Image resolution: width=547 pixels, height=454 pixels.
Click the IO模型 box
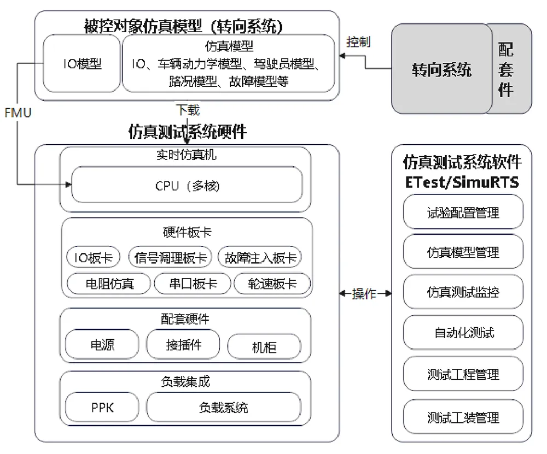(x=82, y=63)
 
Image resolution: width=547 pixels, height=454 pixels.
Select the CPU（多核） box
(x=187, y=185)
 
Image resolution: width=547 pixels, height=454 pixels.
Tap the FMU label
(x=18, y=113)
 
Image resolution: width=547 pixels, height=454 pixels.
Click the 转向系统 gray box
(x=441, y=68)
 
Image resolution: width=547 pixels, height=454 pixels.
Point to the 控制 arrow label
(x=358, y=42)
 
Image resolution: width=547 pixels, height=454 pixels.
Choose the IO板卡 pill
(x=93, y=257)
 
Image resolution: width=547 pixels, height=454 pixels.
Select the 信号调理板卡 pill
(x=170, y=257)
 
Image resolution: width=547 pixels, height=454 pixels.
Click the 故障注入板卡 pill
(x=260, y=257)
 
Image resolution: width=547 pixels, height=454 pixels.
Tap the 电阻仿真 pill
(x=109, y=284)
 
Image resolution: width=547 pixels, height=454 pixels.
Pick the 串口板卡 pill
(x=193, y=284)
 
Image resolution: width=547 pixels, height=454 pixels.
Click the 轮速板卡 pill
(x=272, y=284)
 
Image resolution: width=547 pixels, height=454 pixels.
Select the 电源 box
(x=102, y=344)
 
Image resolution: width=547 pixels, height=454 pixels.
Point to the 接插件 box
(x=183, y=344)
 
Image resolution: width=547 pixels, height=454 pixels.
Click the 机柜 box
(x=264, y=347)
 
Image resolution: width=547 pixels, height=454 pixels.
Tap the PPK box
(x=102, y=407)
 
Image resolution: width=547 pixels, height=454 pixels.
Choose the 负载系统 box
(x=224, y=407)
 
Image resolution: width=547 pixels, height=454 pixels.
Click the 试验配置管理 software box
(x=463, y=212)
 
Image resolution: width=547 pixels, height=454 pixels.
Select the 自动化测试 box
(x=463, y=332)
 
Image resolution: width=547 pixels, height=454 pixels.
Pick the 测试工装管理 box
(x=463, y=417)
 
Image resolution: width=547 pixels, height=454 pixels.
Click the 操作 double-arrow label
(x=364, y=294)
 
